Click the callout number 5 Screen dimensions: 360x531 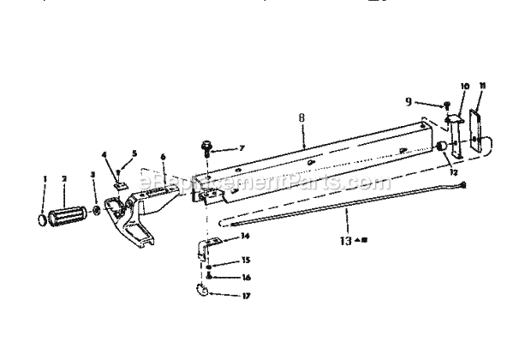tap(134, 155)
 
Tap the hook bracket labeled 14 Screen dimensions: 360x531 tap(204, 249)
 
